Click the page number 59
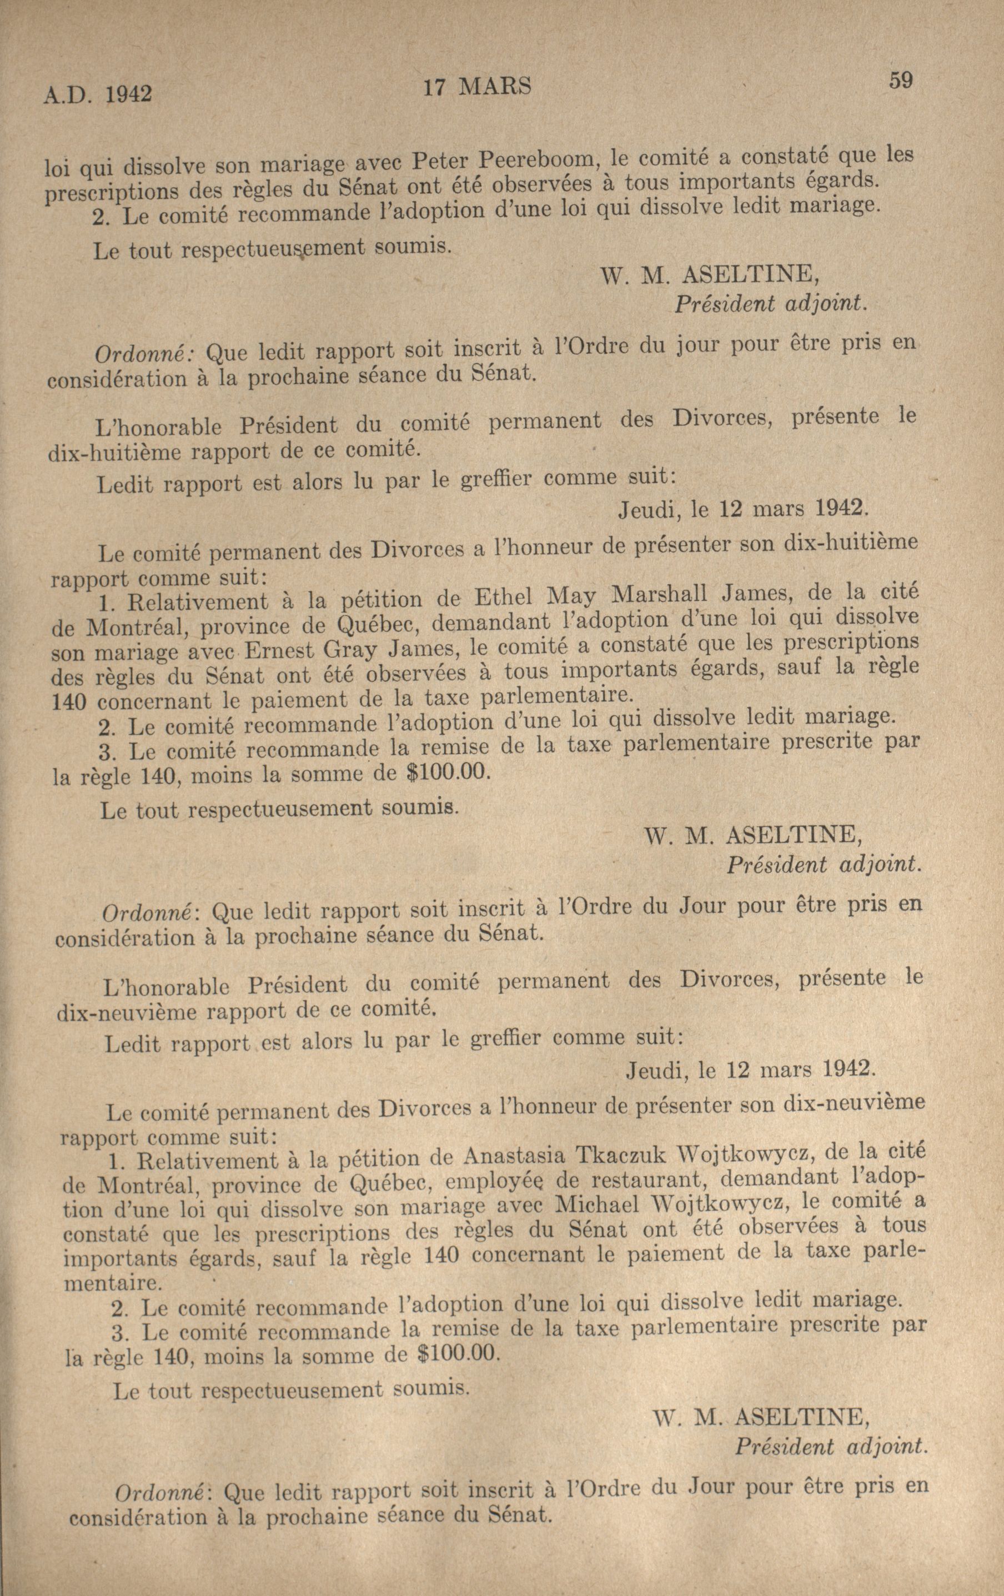tap(901, 81)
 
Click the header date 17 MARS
tap(476, 87)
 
